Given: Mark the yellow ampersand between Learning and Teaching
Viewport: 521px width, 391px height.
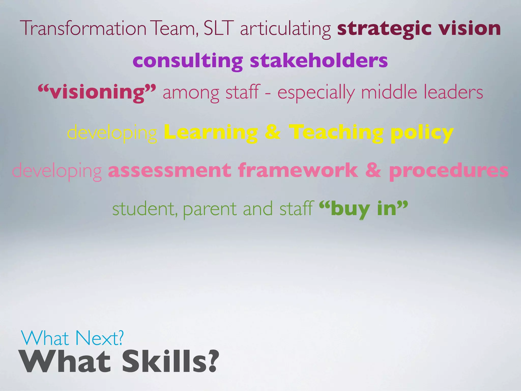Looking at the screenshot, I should point(272,132).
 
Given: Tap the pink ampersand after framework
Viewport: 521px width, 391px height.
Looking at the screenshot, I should point(373,171).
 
